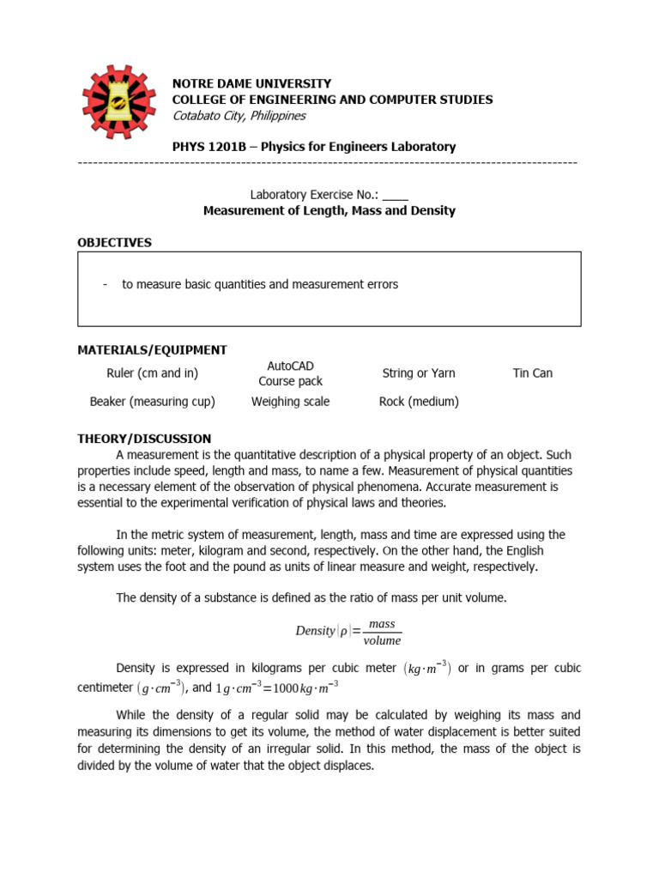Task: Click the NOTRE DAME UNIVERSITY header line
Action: tap(251, 83)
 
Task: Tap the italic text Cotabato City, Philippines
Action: tap(239, 116)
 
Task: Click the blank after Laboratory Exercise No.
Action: tap(396, 194)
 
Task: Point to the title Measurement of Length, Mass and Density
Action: tap(329, 210)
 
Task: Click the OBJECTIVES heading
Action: tap(114, 243)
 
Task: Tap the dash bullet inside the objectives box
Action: tap(105, 284)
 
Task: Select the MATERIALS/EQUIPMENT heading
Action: tap(152, 350)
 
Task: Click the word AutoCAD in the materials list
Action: tap(291, 366)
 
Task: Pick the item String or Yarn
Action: tap(419, 373)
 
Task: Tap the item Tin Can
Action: tap(533, 373)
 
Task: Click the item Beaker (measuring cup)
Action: tap(152, 402)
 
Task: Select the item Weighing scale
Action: tap(291, 402)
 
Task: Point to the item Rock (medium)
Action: tap(419, 402)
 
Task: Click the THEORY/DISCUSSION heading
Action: tap(144, 439)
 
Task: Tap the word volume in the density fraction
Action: tap(382, 640)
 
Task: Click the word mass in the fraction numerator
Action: tap(382, 624)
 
